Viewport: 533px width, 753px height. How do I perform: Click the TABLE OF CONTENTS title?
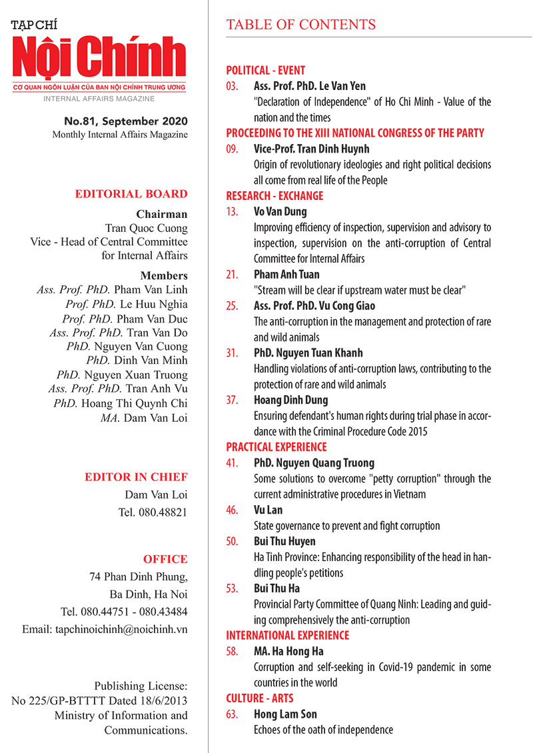point(301,25)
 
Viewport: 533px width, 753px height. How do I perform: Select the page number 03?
point(232,86)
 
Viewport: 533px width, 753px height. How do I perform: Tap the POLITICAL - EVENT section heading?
point(266,70)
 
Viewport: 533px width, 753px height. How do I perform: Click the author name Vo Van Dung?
point(280,212)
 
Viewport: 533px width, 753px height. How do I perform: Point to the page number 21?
point(232,274)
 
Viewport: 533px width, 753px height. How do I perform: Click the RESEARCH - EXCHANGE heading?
point(274,196)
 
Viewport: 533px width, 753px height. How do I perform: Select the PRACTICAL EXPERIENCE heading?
point(276,446)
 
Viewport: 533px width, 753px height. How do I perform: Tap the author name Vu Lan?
point(268,510)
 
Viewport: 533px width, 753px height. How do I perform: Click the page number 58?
point(232,651)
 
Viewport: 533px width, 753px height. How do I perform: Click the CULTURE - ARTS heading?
point(260,698)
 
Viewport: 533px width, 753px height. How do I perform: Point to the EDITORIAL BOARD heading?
point(131,195)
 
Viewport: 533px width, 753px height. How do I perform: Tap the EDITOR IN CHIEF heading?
point(136,477)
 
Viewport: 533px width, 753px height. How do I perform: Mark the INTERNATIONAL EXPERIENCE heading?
point(288,635)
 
